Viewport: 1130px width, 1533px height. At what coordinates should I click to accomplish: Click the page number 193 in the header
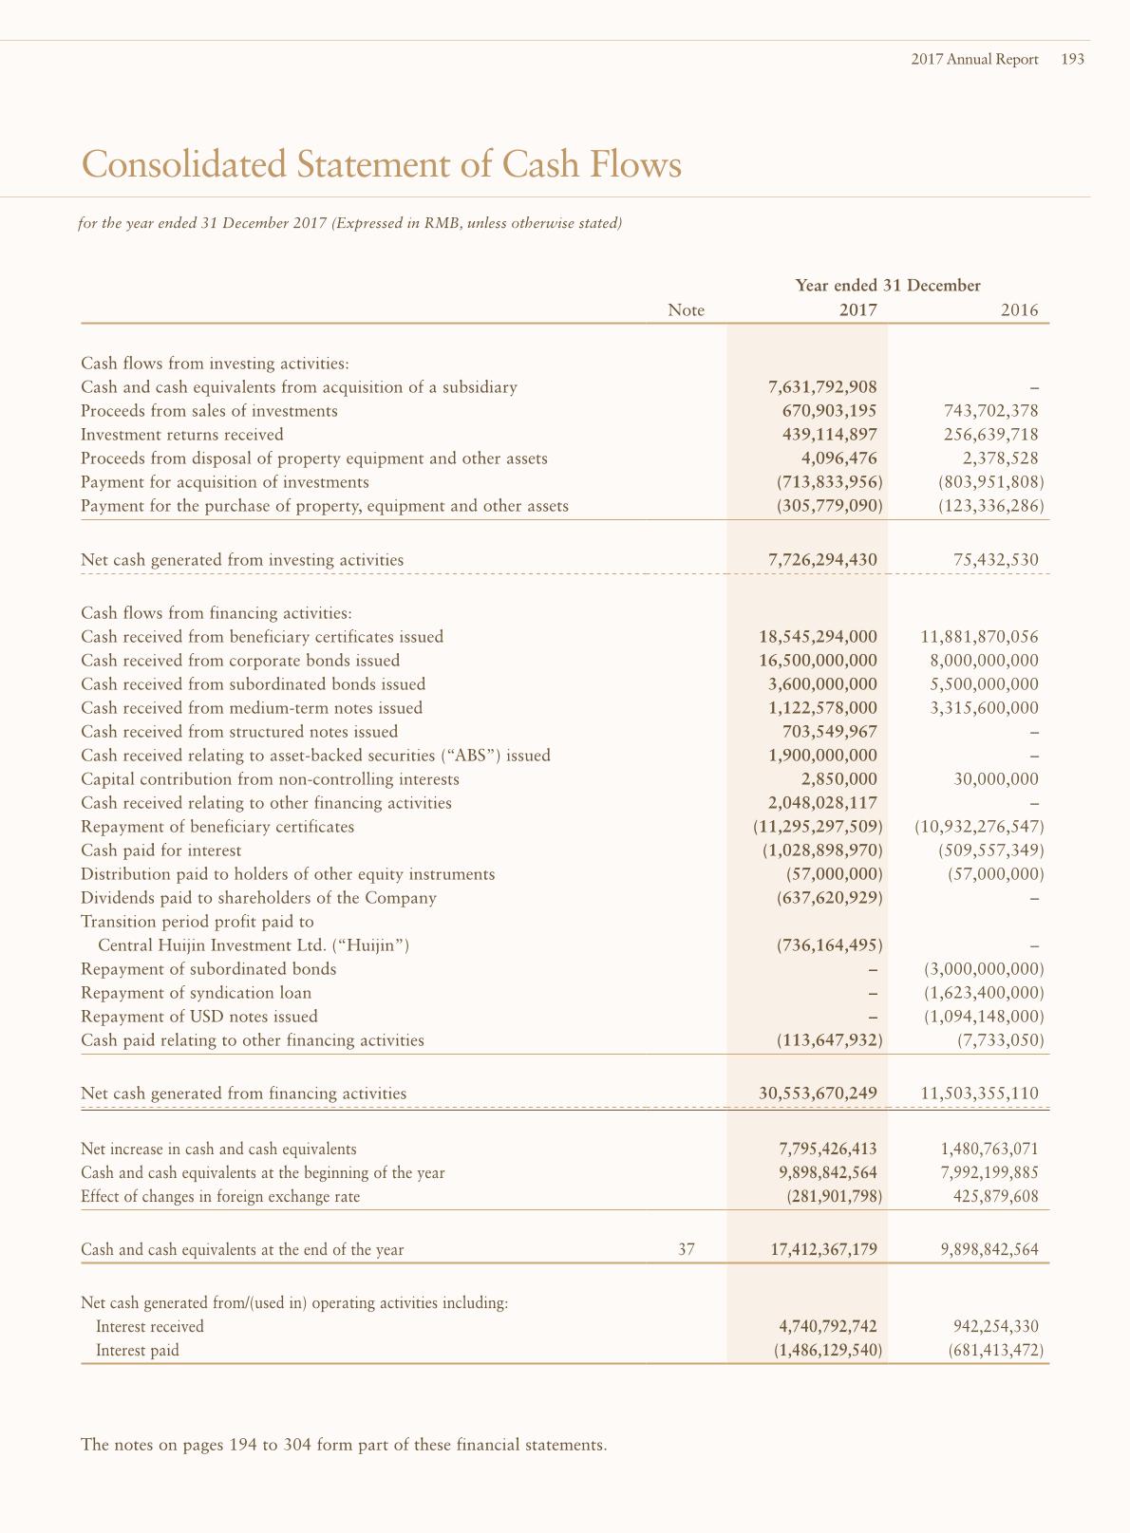(x=1072, y=60)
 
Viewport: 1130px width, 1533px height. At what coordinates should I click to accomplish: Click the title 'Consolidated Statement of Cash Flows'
(x=382, y=165)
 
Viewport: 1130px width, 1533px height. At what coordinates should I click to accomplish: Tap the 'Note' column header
(x=686, y=310)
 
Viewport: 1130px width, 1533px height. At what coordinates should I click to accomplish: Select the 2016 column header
(x=1019, y=310)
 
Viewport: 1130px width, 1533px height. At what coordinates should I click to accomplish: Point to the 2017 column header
(x=857, y=310)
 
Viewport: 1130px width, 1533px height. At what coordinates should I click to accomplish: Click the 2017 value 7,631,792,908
(x=822, y=387)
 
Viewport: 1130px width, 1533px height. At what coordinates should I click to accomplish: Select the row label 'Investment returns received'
(x=182, y=435)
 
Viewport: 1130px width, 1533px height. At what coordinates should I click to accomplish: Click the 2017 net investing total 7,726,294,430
(x=822, y=560)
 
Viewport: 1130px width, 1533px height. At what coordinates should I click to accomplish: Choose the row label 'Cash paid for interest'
(x=161, y=851)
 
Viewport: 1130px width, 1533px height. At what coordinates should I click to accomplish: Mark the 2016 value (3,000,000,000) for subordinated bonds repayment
(x=984, y=969)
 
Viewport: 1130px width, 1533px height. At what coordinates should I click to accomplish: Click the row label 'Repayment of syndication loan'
(x=197, y=993)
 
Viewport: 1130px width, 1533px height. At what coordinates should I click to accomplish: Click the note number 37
(x=687, y=1250)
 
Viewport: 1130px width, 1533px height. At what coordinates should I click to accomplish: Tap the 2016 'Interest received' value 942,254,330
(x=995, y=1327)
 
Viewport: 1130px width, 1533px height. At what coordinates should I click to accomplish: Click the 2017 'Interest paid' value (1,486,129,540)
(x=828, y=1351)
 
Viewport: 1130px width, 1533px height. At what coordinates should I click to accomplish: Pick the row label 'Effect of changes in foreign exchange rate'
(x=220, y=1197)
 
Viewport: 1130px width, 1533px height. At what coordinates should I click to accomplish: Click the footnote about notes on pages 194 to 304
(x=344, y=1446)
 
